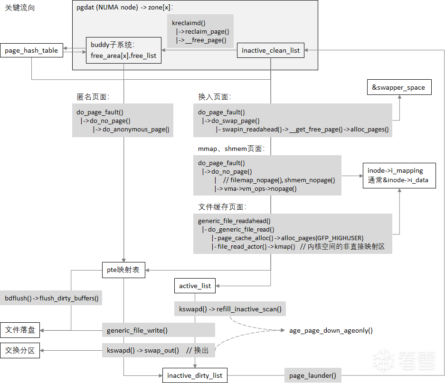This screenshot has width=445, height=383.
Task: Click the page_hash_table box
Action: click(31, 50)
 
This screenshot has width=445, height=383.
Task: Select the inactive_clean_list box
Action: click(270, 50)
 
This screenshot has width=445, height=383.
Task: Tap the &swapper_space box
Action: click(399, 87)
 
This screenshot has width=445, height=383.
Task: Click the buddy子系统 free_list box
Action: click(124, 50)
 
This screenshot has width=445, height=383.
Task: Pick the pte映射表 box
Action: click(123, 270)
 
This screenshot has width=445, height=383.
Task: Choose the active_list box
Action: click(195, 286)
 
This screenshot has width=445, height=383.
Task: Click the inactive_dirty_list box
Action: click(195, 375)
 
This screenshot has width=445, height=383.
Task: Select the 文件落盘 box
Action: click(20, 330)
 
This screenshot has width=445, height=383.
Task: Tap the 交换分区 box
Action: click(20, 350)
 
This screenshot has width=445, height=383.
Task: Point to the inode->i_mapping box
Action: click(399, 175)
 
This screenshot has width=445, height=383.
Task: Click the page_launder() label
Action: click(313, 375)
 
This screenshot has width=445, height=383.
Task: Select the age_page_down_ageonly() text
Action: click(331, 330)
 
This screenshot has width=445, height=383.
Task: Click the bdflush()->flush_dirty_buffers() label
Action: click(51, 298)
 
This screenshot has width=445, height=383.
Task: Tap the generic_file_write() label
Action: click(137, 330)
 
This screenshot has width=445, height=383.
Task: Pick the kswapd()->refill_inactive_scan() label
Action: click(230, 309)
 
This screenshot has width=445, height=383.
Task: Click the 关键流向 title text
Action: click(20, 8)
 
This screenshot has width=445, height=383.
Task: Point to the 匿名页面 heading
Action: click(93, 97)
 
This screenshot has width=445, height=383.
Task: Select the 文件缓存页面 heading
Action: click(222, 207)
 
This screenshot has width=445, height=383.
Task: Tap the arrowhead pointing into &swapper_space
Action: click(399, 97)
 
